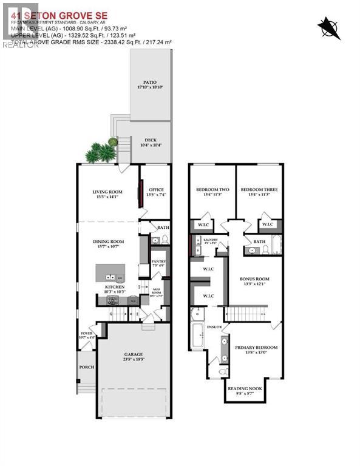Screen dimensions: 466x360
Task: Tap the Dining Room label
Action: [x=107, y=243]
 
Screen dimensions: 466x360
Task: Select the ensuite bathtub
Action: [x=199, y=337]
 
